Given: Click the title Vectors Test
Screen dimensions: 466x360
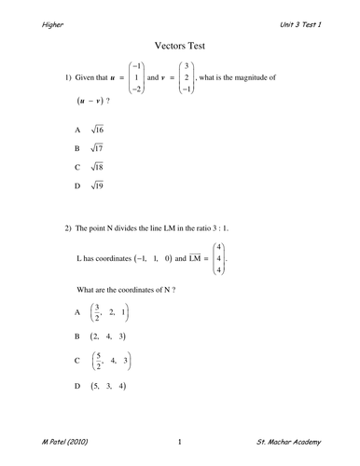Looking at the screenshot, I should click(180, 43).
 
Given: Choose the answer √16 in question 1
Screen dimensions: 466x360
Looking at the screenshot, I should click(96, 131).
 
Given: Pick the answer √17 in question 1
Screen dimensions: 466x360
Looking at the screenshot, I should click(96, 149).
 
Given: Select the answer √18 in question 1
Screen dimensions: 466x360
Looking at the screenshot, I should click(96, 168).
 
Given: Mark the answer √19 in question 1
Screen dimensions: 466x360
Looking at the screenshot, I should click(96, 186).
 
